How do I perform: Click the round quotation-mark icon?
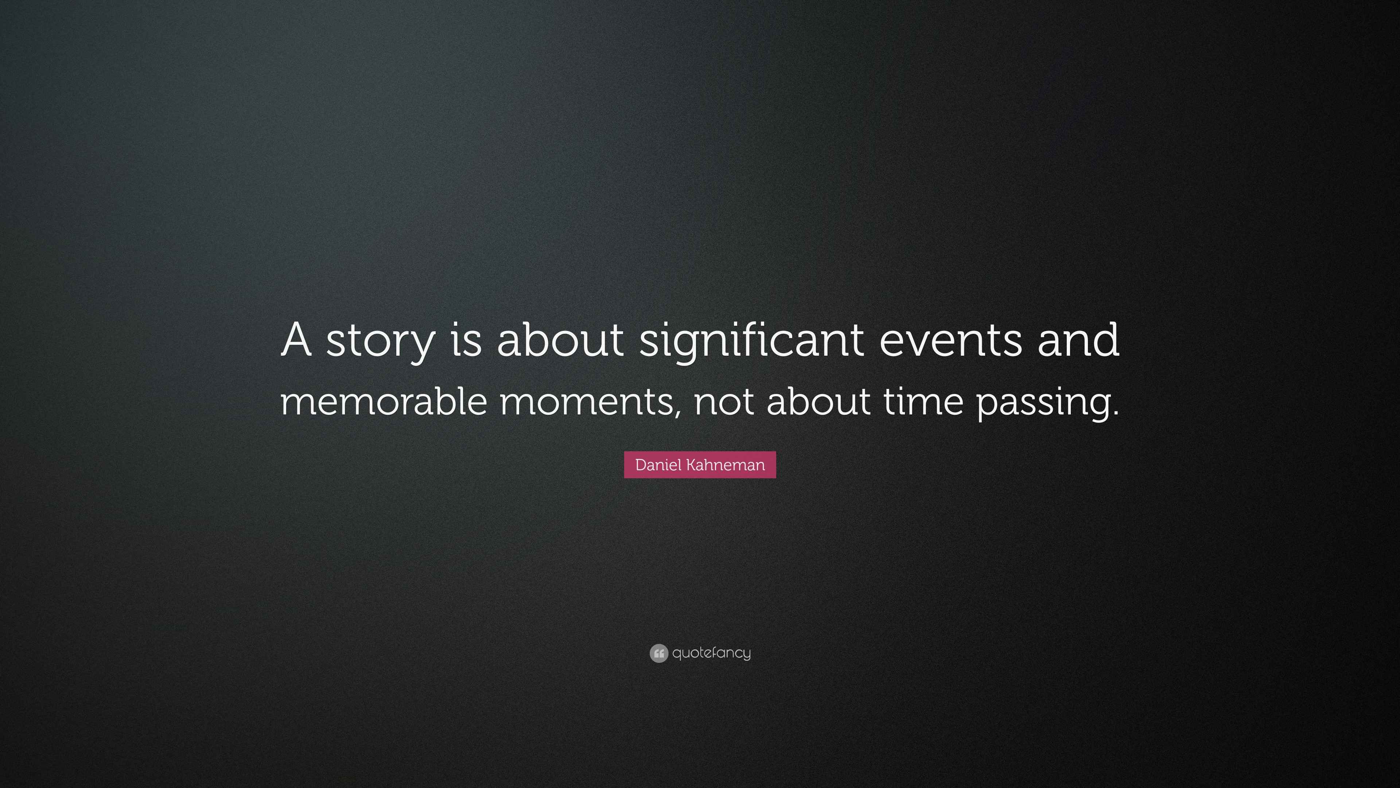pos(658,653)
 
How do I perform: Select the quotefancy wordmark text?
pos(711,653)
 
